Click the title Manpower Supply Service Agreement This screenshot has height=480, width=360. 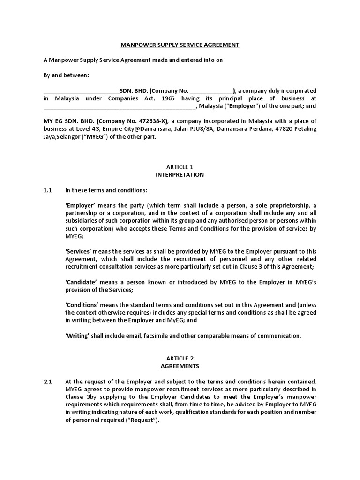180,45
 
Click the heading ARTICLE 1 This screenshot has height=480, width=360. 180,167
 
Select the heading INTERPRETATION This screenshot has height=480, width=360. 180,174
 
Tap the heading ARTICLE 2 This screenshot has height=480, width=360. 180,358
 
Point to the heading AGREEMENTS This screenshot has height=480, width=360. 180,366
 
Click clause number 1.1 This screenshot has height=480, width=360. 47,190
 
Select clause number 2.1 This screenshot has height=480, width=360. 47,382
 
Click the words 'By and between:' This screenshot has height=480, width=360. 65,75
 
